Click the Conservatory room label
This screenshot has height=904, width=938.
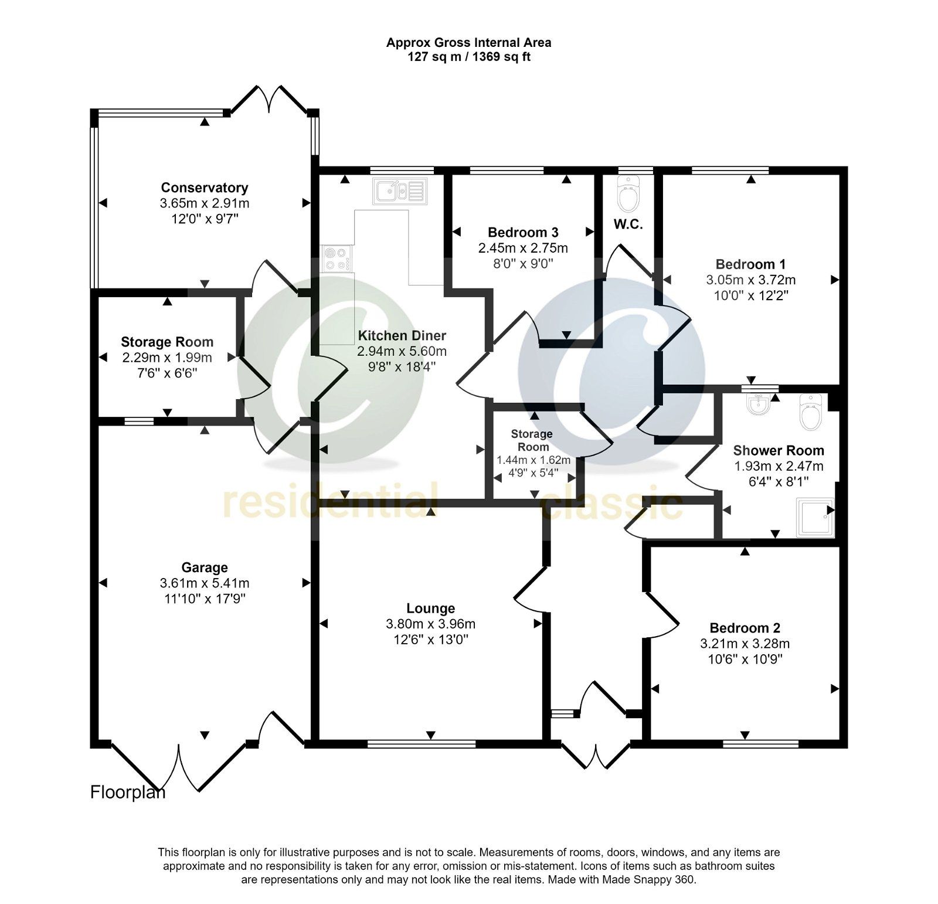(205, 188)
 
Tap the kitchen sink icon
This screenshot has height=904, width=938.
(400, 191)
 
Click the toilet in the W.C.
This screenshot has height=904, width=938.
(628, 196)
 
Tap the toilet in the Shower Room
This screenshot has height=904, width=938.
(813, 412)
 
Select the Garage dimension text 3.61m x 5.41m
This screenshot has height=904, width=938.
(205, 583)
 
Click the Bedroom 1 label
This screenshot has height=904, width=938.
(750, 264)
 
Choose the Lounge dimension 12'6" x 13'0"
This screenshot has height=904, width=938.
(431, 640)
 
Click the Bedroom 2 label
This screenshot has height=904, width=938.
(745, 628)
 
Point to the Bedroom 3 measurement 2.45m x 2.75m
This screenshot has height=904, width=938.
(523, 248)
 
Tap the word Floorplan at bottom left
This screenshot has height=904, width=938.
(128, 793)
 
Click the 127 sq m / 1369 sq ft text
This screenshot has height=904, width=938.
(469, 57)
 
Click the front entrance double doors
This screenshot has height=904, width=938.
(596, 756)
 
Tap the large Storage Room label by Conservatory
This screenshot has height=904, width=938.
(167, 342)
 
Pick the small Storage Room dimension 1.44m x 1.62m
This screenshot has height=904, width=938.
(533, 461)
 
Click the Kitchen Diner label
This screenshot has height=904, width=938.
(402, 336)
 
